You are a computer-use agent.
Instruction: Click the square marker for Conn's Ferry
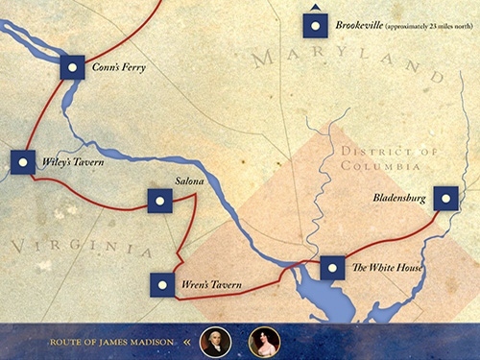click(73, 66)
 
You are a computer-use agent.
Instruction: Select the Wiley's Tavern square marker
click(23, 162)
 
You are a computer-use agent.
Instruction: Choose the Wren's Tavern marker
click(163, 285)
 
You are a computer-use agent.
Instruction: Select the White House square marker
click(332, 268)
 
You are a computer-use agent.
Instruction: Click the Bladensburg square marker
click(445, 199)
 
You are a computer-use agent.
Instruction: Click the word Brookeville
click(358, 25)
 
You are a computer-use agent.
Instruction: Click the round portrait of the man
click(216, 341)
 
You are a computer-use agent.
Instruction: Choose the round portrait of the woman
click(264, 341)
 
